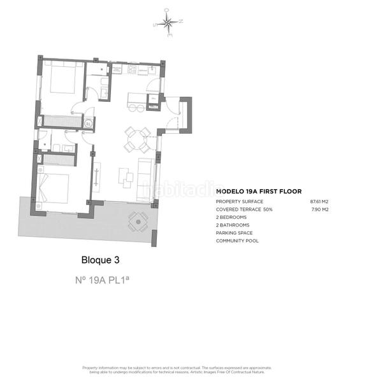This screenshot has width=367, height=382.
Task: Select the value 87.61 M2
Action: [x=319, y=201]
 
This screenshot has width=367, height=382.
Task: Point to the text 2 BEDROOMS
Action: [x=233, y=217]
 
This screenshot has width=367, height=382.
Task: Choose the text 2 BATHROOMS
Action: [x=233, y=225]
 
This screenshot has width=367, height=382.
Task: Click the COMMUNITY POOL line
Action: [x=238, y=241]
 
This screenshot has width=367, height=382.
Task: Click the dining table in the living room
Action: [x=137, y=139]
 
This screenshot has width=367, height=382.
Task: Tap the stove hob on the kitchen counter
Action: [x=133, y=69]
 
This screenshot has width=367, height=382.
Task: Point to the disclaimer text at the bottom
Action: [x=176, y=371]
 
